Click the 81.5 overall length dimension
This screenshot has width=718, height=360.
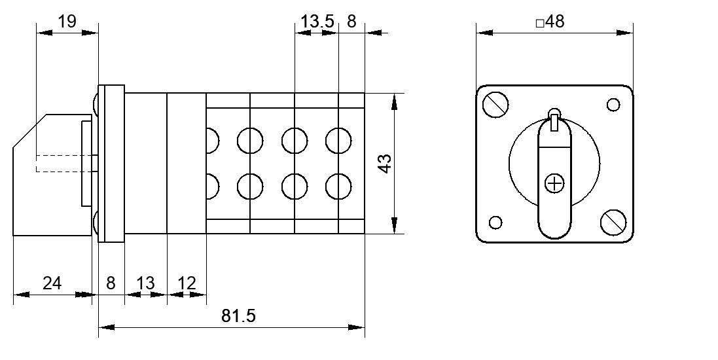point(238,315)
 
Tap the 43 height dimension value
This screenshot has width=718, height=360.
point(386,164)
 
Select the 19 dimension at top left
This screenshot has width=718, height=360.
point(67,21)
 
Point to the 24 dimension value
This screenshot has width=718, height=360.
point(52,283)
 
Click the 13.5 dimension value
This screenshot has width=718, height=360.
point(318,21)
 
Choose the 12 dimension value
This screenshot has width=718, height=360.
point(187,283)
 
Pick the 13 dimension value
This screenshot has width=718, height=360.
point(145,283)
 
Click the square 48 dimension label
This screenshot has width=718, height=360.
point(550,21)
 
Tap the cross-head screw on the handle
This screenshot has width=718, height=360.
point(554,184)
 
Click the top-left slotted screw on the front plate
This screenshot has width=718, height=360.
point(495,105)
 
